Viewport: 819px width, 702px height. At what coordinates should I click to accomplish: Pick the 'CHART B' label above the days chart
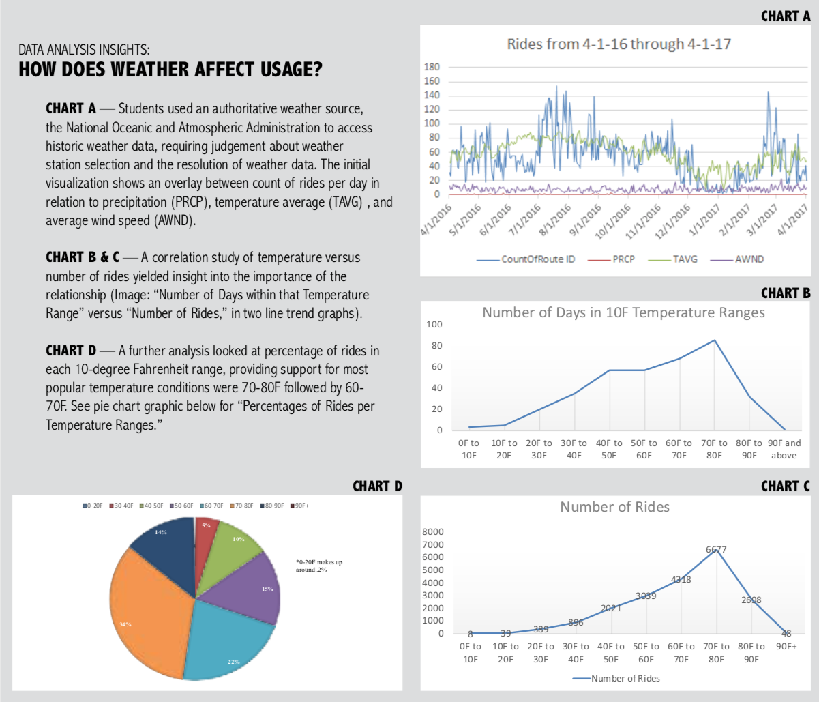pos(786,293)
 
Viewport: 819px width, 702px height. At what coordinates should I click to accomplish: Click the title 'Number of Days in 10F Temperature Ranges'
pos(623,312)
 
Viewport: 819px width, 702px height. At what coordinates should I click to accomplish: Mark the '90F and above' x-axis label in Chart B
pos(784,449)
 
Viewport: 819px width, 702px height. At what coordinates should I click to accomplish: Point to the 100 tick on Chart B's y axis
pos(434,324)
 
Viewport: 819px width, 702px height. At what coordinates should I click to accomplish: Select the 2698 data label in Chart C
pos(751,600)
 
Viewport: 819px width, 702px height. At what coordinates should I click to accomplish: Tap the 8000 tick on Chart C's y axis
pos(434,531)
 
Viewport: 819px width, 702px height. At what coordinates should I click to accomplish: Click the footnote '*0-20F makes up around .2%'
pos(318,566)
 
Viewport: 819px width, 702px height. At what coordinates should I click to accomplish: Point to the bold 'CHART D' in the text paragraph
pos(70,351)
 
